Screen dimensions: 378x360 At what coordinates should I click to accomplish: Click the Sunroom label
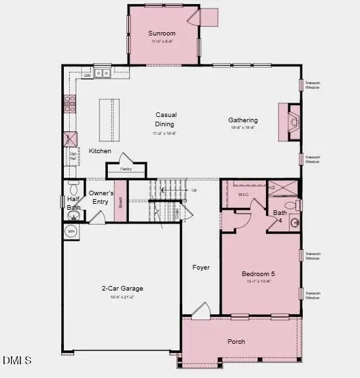pyautogui.click(x=161, y=34)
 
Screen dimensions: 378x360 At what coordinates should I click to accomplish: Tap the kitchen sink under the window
pyautogui.click(x=102, y=74)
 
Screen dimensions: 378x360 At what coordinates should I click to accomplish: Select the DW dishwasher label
pyautogui.click(x=86, y=75)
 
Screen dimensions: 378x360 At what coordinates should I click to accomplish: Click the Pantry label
pyautogui.click(x=126, y=169)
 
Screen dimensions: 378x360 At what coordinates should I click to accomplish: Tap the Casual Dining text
pyautogui.click(x=165, y=119)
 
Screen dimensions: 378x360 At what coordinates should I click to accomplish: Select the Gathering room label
pyautogui.click(x=243, y=120)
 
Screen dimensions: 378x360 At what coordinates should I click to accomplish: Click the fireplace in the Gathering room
pyautogui.click(x=290, y=122)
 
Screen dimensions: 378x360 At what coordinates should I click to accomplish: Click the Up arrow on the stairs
pyautogui.click(x=193, y=190)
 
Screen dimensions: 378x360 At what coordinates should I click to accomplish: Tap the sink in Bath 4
pyautogui.click(x=294, y=223)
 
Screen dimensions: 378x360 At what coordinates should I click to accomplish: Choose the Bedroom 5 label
pyautogui.click(x=259, y=274)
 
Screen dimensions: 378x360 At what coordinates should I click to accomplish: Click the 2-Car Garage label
pyautogui.click(x=122, y=289)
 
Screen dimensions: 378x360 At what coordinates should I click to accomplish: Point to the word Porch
pyautogui.click(x=236, y=341)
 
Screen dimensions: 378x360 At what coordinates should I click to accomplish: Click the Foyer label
pyautogui.click(x=201, y=268)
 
